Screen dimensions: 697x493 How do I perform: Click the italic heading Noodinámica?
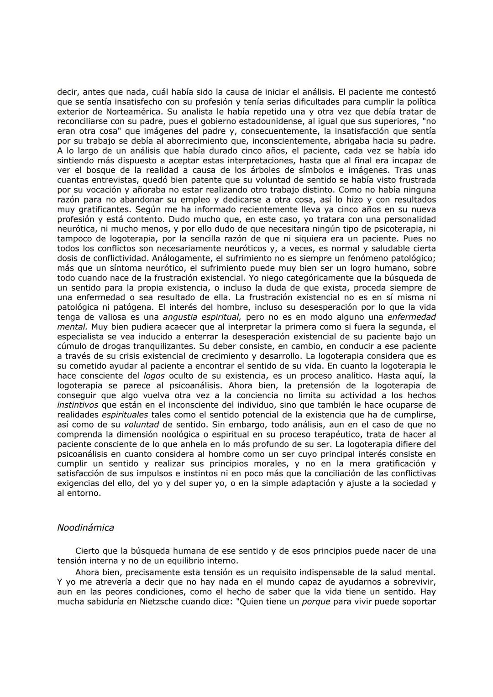(85, 528)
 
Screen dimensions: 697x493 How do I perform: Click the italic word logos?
(154, 376)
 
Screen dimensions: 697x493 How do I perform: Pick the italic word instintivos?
(77, 405)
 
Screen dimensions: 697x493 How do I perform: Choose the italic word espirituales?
(125, 415)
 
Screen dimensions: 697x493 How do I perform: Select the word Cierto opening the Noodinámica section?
(87, 551)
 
